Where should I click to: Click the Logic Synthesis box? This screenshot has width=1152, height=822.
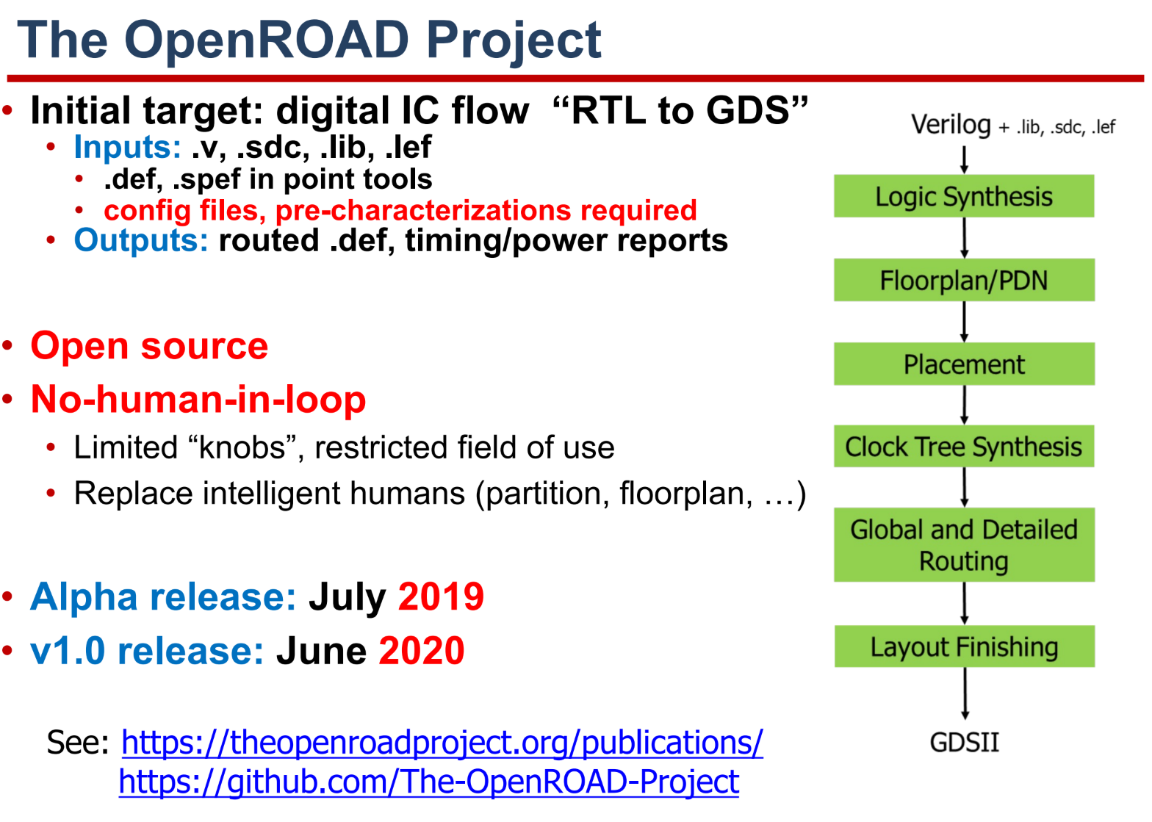pos(964,196)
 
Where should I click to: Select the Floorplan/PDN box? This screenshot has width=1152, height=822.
pos(964,280)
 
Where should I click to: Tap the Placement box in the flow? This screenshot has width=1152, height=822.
pos(964,364)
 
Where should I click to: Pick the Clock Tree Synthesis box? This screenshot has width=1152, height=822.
pos(964,446)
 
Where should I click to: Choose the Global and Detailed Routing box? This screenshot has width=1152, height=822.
pos(964,545)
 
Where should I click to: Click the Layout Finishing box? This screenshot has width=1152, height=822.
pos(964,646)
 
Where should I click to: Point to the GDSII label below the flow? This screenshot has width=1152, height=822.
pos(964,742)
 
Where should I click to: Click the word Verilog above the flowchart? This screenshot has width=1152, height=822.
pos(951,125)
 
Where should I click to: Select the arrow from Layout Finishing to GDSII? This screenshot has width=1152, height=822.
pos(965,693)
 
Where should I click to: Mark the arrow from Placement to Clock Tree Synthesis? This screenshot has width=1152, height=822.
pos(964,405)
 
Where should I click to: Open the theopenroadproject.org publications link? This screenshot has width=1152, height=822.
pos(442,743)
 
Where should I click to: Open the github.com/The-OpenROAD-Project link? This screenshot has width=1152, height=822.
pos(429,782)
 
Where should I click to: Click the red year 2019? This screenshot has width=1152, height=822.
pos(441,596)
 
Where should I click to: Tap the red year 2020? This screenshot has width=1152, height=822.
pos(422,651)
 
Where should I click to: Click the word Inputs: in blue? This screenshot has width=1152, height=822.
pos(128,147)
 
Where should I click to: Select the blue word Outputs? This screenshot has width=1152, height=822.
pos(141,240)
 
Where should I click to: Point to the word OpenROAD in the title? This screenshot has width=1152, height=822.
pos(267,40)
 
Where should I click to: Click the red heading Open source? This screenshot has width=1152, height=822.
pos(149,346)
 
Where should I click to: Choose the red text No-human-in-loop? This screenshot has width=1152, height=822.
pos(198,400)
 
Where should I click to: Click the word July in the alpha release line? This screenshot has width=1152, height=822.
pos(347,598)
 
